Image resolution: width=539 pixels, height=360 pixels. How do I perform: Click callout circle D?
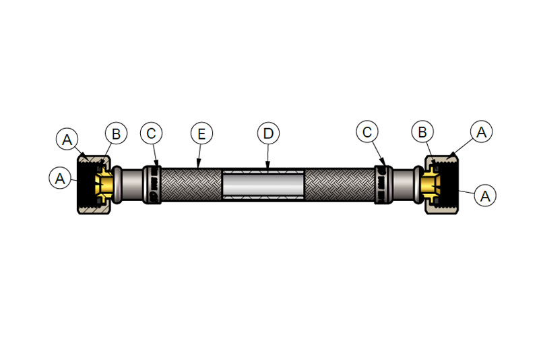coord(268,133)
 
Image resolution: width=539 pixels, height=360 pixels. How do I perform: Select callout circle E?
coord(201,133)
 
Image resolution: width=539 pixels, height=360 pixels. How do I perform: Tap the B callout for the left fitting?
coord(116,133)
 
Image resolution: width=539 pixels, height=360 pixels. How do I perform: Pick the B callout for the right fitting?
coord(422,131)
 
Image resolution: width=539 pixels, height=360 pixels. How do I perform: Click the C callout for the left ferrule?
coord(151,133)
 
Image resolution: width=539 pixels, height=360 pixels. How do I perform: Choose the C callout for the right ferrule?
coord(367,131)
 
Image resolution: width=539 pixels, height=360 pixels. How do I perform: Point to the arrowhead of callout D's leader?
coord(267,166)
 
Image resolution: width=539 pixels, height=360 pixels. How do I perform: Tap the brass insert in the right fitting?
coord(431,185)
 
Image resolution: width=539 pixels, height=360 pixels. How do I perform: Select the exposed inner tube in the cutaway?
coord(263,185)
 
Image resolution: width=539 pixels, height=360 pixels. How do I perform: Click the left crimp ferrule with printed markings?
coord(152,185)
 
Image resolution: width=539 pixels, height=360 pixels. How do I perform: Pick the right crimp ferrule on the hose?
coord(383,185)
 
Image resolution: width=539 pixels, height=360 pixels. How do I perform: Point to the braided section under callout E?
coord(191,185)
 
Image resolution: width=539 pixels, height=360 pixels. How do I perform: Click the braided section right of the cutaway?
coord(340,185)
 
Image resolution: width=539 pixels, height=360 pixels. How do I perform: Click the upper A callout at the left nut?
coord(67,140)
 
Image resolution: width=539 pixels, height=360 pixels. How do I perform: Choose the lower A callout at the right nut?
coord(484,196)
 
